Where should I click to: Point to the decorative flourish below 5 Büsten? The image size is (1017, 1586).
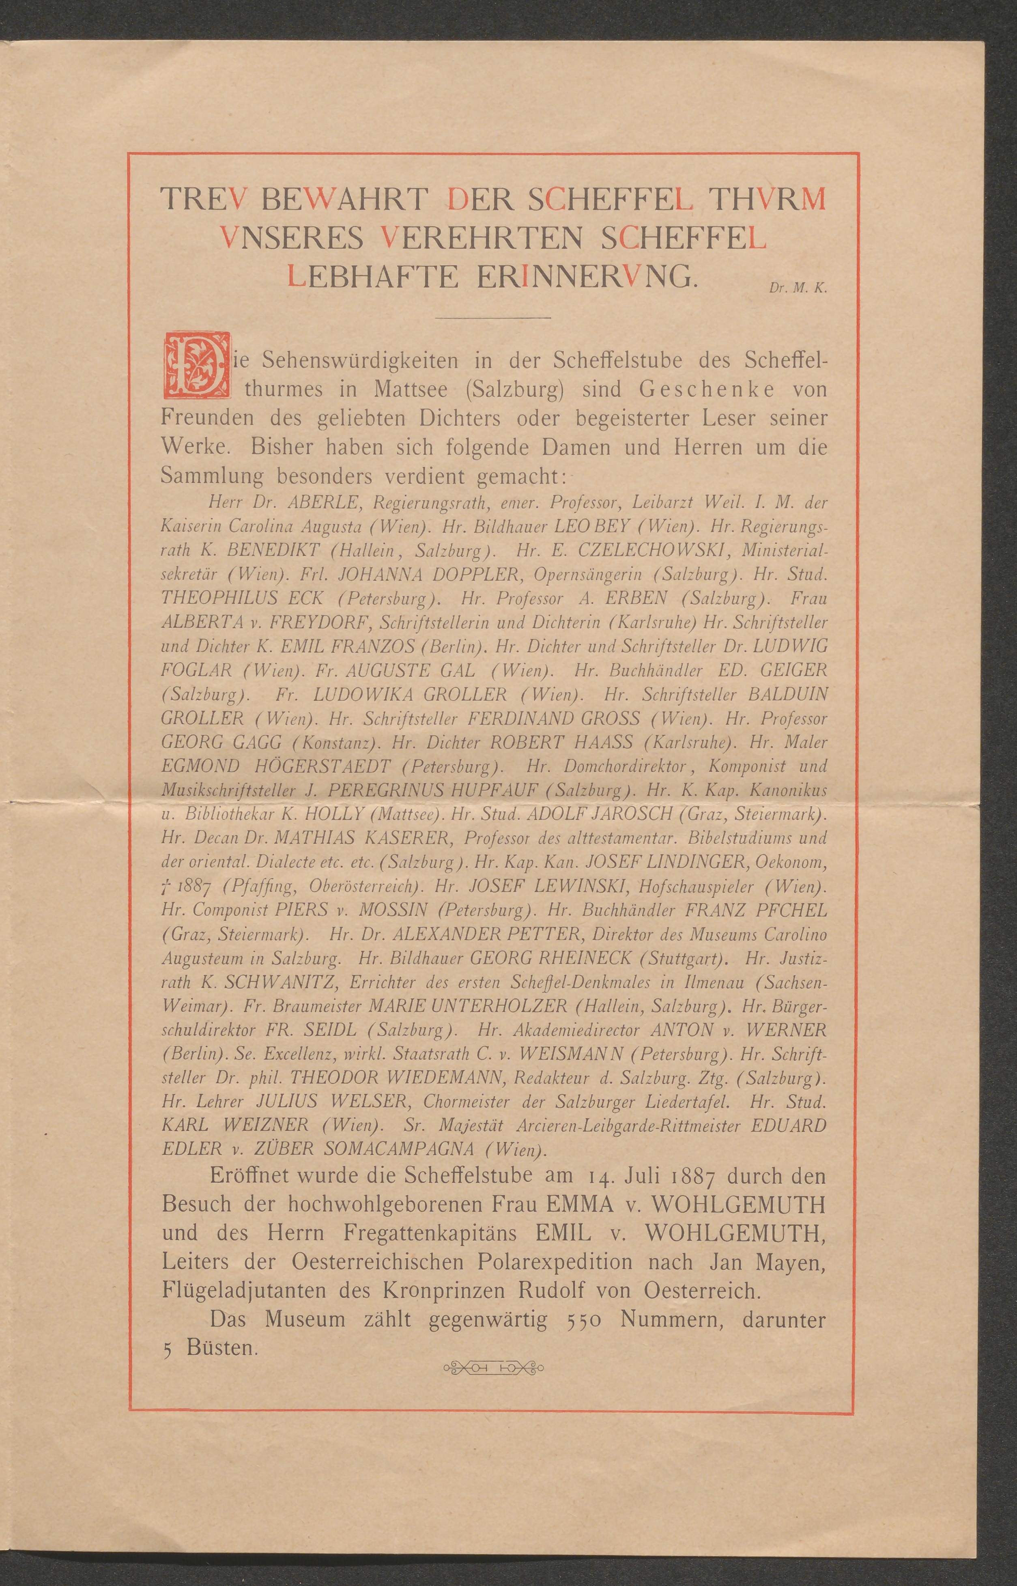point(492,1367)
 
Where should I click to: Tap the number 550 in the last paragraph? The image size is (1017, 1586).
point(583,1319)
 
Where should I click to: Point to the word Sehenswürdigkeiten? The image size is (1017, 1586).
point(361,361)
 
